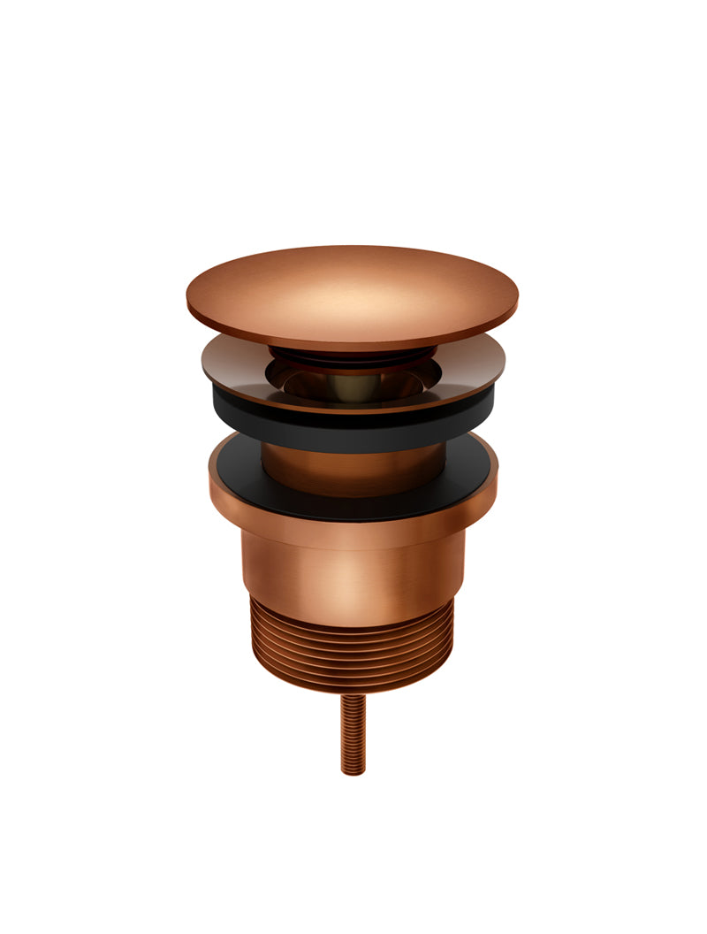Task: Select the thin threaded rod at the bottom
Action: [x=353, y=734]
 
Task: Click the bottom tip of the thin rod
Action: [x=353, y=772]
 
